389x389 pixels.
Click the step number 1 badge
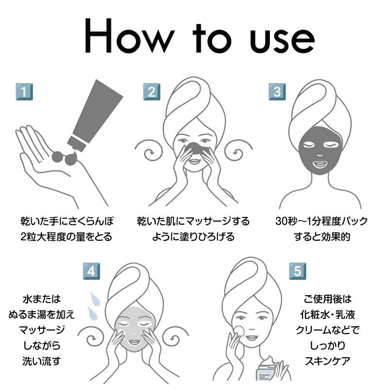(24, 92)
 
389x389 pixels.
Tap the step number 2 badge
(152, 92)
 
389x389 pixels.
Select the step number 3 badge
(277, 92)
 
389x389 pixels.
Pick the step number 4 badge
(91, 271)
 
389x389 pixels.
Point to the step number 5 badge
(298, 271)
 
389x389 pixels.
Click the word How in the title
(129, 35)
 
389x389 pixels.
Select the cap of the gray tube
(77, 143)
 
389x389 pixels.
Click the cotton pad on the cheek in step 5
(239, 331)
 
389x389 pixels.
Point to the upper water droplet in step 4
(95, 299)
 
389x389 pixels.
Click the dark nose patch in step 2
(195, 148)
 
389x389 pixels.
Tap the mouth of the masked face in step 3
(320, 164)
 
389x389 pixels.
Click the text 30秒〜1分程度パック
(321, 221)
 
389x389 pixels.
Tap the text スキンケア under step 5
(327, 361)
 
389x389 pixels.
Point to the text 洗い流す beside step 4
(41, 361)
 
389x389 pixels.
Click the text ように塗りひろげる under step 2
(194, 237)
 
